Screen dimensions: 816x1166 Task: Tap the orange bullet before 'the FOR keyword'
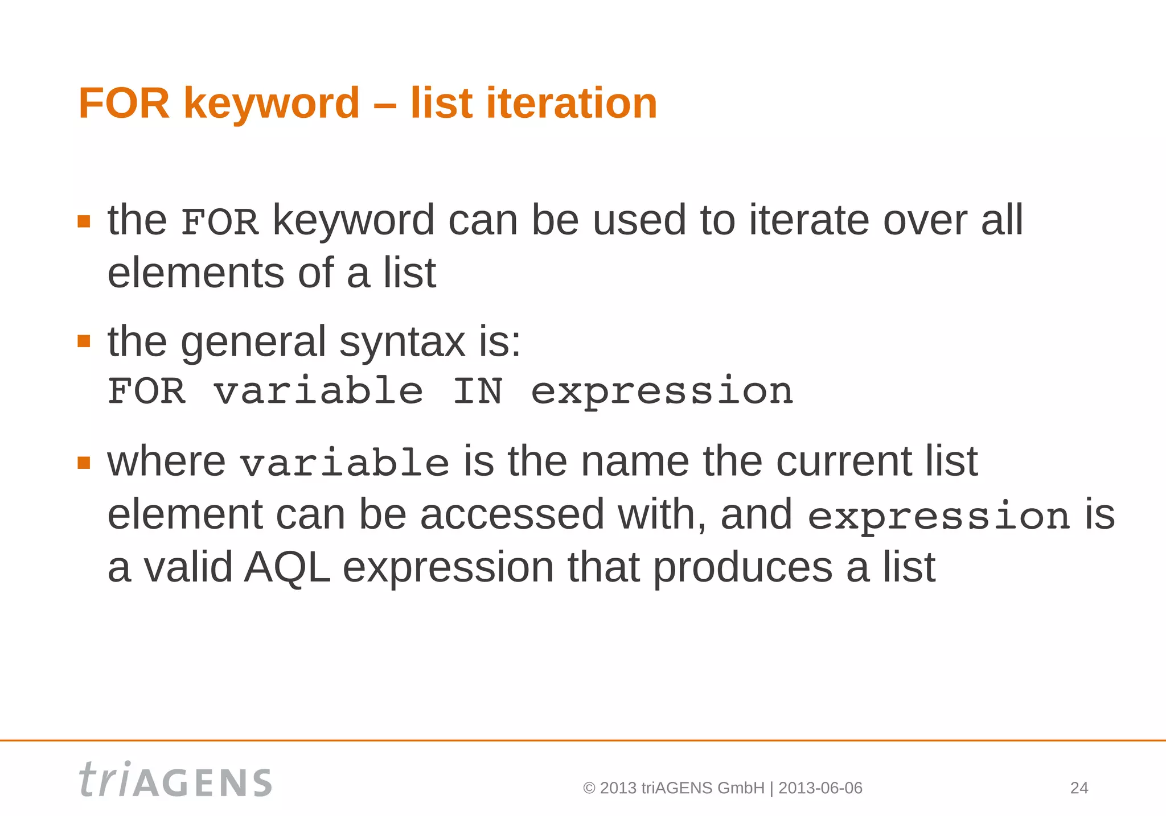pyautogui.click(x=84, y=221)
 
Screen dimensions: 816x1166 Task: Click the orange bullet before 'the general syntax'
pyautogui.click(x=84, y=341)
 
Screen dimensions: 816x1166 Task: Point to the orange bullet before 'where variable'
pyautogui.click(x=84, y=462)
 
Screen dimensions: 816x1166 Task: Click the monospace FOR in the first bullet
pyautogui.click(x=219, y=222)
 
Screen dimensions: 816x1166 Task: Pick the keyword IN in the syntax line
pyautogui.click(x=477, y=391)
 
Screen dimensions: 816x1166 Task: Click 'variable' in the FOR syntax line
pyautogui.click(x=318, y=391)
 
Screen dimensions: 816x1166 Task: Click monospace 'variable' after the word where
pyautogui.click(x=344, y=463)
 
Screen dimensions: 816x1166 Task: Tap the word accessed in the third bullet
pyautogui.click(x=512, y=514)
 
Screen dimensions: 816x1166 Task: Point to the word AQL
pyautogui.click(x=287, y=567)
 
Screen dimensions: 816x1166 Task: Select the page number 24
pyautogui.click(x=1079, y=788)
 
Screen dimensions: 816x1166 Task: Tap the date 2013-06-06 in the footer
pyautogui.click(x=820, y=788)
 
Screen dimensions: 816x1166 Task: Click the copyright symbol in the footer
pyautogui.click(x=589, y=789)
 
